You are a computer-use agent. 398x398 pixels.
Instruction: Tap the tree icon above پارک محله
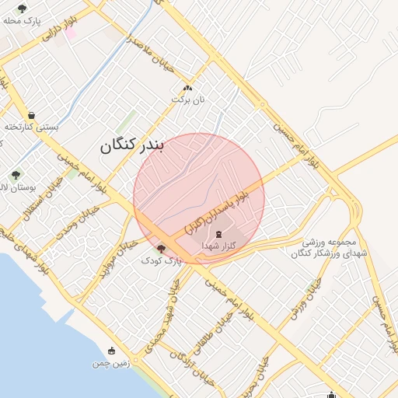click(21, 9)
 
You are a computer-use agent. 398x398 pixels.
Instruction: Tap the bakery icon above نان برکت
click(187, 88)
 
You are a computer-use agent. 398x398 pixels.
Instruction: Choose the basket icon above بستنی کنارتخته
click(31, 114)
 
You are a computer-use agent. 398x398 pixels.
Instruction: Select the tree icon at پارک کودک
click(161, 249)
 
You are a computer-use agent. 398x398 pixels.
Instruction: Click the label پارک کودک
click(161, 261)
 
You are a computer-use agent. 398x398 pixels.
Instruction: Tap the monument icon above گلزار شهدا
click(218, 233)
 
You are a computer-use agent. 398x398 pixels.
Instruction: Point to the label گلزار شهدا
click(218, 246)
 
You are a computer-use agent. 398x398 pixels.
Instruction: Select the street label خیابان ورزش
click(304, 302)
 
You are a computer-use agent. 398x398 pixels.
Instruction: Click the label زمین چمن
click(109, 363)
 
